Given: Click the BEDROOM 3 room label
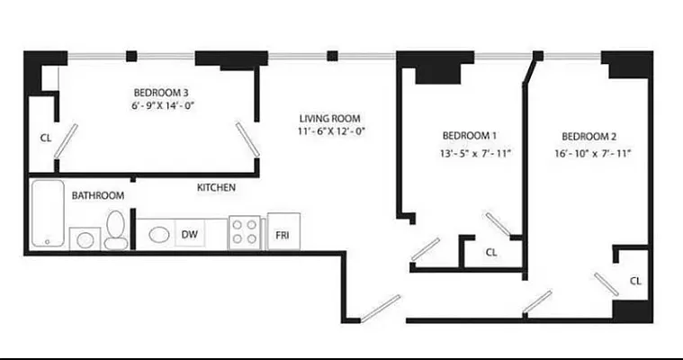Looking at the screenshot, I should pos(161,93).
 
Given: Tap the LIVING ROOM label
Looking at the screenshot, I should pos(330,118).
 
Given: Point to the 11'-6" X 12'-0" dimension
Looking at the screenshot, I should pos(330,131).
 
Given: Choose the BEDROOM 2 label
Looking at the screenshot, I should pos(589,136).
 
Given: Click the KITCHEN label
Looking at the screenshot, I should pos(216,188).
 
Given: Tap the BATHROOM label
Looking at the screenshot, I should pos(98,195).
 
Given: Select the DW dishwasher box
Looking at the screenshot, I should pos(189,235).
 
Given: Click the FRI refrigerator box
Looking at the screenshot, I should pos(283,235).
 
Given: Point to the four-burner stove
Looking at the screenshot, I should pos(245,232).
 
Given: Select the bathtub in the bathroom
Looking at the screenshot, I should pos(46,213).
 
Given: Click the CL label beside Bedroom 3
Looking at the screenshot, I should pos(45,139).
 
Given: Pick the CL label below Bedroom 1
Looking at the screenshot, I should pos(491,253).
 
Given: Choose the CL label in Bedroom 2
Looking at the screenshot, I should pos(635,282).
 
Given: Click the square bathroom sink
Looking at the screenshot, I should pos(85,239).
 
